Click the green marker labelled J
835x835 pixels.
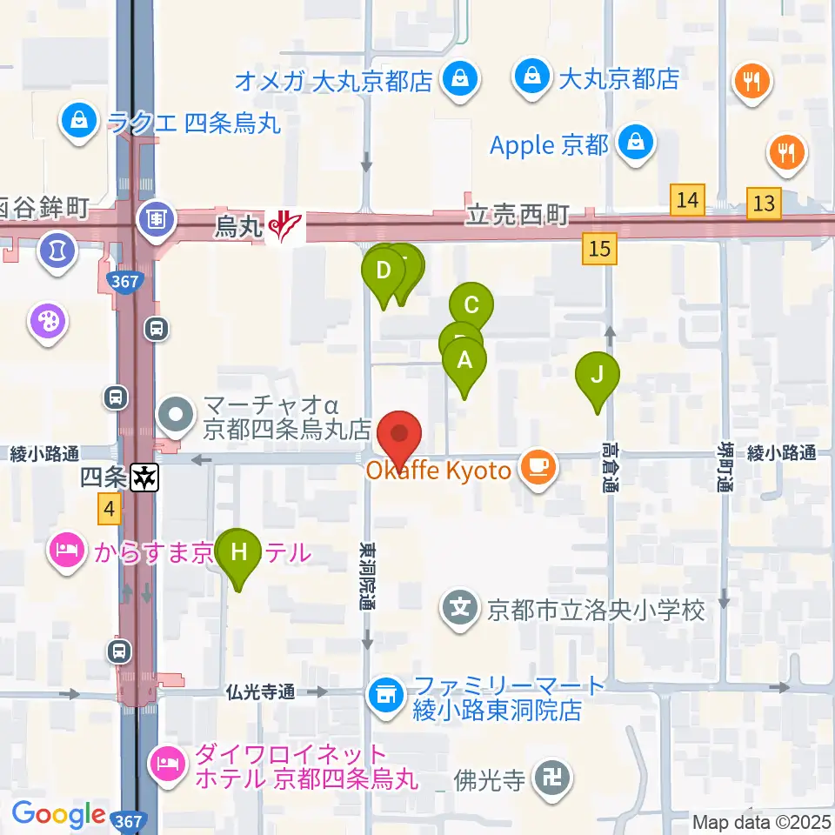tap(598, 376)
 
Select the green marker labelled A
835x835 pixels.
tap(464, 360)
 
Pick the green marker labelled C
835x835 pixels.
tap(471, 306)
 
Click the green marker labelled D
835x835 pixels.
tap(383, 271)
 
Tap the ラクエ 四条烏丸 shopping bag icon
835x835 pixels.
tap(79, 121)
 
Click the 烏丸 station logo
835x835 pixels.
tap(286, 228)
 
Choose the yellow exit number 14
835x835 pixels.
tap(687, 201)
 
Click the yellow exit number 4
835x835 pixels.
tap(108, 509)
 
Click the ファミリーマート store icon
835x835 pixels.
tap(384, 693)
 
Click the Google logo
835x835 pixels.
tap(59, 814)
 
